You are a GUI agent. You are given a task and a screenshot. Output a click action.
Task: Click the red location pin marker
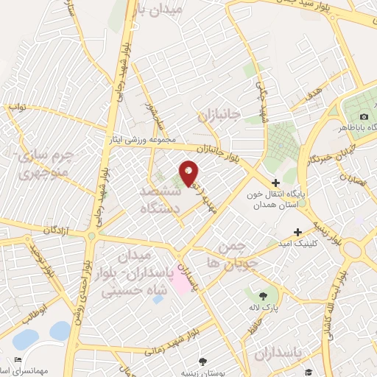189,174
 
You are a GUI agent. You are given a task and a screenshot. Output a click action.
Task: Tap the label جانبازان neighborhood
219,116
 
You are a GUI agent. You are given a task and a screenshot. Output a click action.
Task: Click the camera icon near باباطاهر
364,117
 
